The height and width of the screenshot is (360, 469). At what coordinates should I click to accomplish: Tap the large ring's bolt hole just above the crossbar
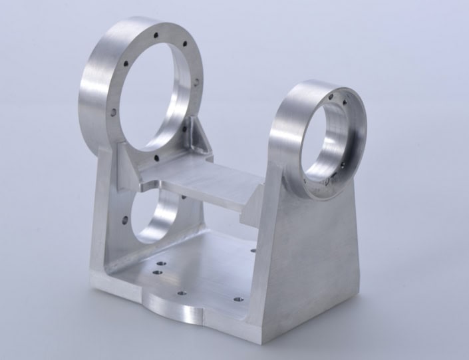156,158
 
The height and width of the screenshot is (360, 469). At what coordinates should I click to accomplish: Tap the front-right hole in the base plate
234,300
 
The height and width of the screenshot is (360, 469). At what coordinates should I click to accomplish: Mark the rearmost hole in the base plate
253,251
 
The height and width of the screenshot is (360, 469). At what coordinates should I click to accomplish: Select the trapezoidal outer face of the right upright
313,266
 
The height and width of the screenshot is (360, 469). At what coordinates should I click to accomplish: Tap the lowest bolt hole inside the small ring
328,179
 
